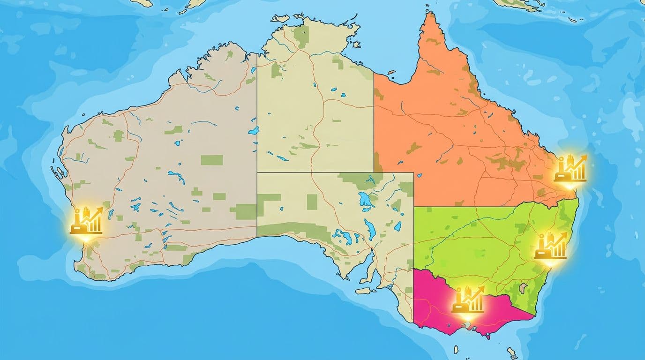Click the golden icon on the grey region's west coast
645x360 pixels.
tap(87, 220)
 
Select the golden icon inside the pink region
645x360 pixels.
tap(468, 300)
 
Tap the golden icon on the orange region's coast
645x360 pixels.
tap(570, 169)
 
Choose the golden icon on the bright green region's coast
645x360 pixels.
tap(551, 246)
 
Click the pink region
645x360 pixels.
tap(436, 309)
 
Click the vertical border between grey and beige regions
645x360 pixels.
tap(257, 141)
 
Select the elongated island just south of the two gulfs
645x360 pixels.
tap(365, 291)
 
